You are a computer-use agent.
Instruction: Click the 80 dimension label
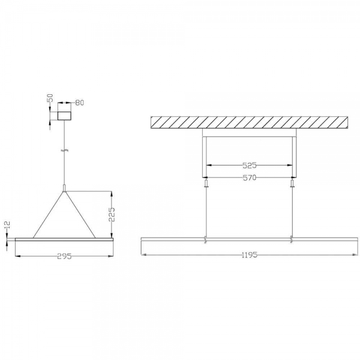coord(80,103)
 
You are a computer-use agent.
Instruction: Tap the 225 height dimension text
coord(112,214)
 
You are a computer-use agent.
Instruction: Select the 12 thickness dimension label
coord(7,225)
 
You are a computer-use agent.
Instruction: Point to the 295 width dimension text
coord(65,256)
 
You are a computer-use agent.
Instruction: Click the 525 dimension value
coord(250,166)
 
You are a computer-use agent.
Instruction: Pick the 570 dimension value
coord(250,178)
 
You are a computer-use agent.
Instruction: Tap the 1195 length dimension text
coord(250,255)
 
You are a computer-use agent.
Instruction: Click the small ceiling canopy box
coord(64,116)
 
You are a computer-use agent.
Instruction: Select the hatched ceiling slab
coord(250,122)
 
